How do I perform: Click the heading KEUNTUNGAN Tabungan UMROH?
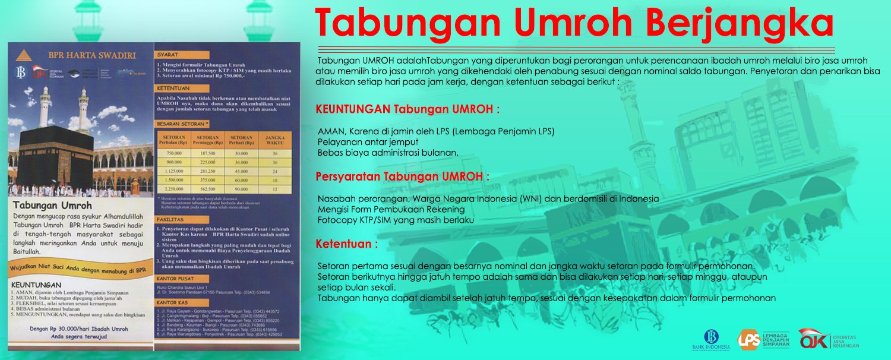click(x=407, y=109)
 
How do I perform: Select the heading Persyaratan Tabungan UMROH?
click(x=402, y=176)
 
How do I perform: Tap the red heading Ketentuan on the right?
click(x=346, y=244)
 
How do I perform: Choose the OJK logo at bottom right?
click(x=811, y=339)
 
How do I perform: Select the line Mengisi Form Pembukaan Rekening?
click(x=391, y=209)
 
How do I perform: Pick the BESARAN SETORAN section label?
click(x=182, y=124)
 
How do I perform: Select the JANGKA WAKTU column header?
click(x=274, y=140)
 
